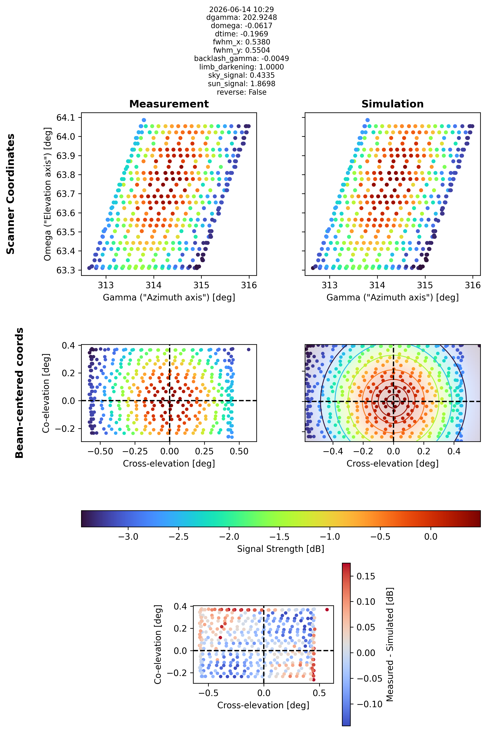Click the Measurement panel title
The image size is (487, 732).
coord(169,104)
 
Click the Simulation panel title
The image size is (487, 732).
coord(393,104)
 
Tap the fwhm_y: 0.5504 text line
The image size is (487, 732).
coord(242,50)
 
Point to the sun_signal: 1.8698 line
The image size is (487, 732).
coord(242,84)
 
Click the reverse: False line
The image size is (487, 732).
coord(242,92)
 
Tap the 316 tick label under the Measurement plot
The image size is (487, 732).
coord(249,285)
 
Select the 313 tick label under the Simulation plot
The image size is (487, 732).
coord(330,285)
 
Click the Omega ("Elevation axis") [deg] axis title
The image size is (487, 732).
coord(48,194)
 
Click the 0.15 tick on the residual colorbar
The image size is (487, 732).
coord(366,576)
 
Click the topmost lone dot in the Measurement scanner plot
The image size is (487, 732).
coord(144,120)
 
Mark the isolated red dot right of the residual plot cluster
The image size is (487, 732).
coord(327,618)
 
